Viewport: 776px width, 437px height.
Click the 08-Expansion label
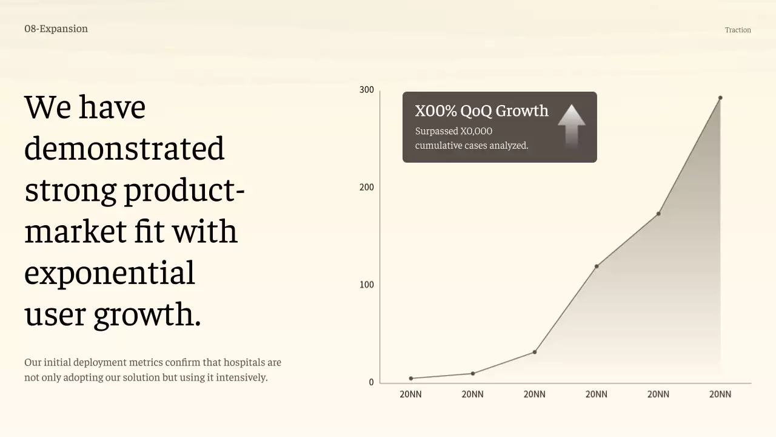coord(56,29)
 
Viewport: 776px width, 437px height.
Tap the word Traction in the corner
coord(738,30)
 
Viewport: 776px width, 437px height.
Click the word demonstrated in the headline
coord(124,148)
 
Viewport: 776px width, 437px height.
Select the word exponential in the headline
coord(109,273)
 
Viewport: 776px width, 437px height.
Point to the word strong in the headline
coord(70,190)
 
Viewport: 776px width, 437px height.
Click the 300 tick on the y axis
coord(367,90)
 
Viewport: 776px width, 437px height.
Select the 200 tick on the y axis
coord(367,188)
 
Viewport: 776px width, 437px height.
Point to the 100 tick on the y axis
coord(367,285)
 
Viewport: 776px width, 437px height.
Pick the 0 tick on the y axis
coord(372,382)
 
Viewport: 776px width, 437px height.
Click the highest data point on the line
coord(720,98)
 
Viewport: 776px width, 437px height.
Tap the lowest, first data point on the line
coord(411,379)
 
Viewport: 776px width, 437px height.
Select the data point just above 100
coord(597,266)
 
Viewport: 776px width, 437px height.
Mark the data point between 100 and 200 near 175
coord(658,214)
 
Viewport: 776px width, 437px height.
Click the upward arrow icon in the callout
coord(571,124)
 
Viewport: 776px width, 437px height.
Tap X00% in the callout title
coord(436,111)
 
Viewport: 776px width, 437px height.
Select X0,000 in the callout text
coord(477,131)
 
